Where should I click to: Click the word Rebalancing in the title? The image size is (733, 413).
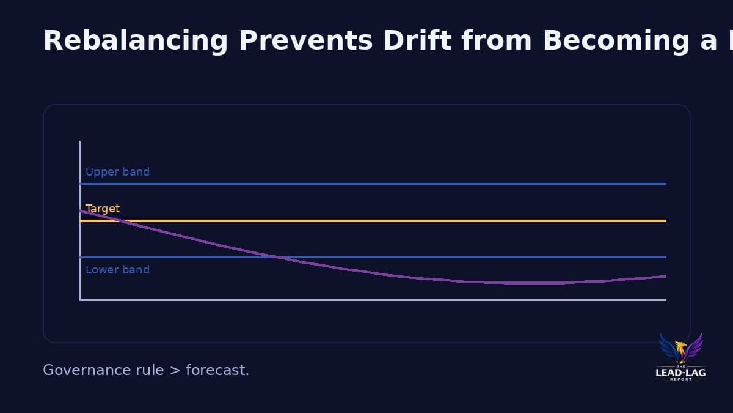[135, 40]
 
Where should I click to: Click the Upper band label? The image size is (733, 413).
[117, 172]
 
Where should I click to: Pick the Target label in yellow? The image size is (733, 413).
[103, 209]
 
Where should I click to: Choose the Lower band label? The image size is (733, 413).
[117, 270]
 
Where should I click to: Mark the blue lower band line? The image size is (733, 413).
[428, 257]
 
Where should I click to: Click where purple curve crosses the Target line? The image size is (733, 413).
[122, 220]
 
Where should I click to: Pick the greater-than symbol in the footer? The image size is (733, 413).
[174, 370]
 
